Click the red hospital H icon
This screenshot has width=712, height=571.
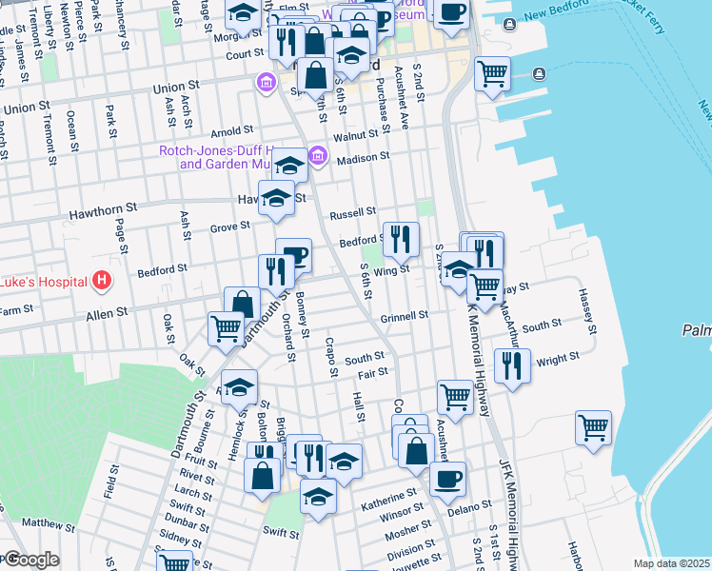pyautogui.click(x=102, y=282)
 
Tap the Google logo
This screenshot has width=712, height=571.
pyautogui.click(x=31, y=560)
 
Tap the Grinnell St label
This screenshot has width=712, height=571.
pyautogui.click(x=405, y=315)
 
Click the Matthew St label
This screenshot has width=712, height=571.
pyautogui.click(x=48, y=524)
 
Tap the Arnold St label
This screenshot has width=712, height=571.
pyautogui.click(x=231, y=130)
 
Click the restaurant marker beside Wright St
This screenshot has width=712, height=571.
pyautogui.click(x=514, y=364)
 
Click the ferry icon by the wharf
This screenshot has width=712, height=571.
pyautogui.click(x=540, y=73)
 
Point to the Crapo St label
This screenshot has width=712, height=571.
pyautogui.click(x=332, y=355)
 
